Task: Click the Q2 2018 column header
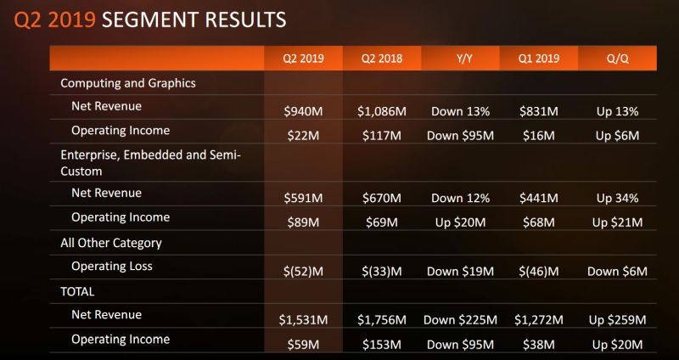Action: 381,59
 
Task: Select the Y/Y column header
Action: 459,59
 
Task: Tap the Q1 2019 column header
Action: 537,59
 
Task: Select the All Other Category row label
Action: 111,243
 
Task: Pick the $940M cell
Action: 302,111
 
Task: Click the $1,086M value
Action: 381,111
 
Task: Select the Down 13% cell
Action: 459,111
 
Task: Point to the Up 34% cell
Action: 617,199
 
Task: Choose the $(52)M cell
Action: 302,272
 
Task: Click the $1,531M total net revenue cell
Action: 302,320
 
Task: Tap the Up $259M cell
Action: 617,320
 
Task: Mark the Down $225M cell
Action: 459,320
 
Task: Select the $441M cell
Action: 537,199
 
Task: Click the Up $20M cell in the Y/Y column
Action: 459,222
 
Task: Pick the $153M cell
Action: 381,344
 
